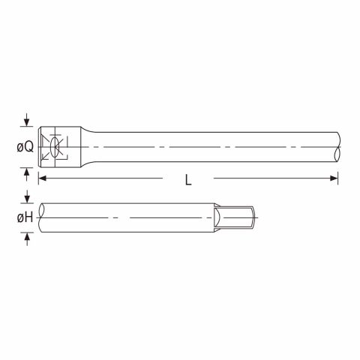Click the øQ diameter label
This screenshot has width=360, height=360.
[x=25, y=147]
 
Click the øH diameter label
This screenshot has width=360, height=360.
[x=25, y=217]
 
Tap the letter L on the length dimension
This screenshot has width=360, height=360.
[x=188, y=180]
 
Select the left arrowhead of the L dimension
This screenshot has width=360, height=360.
[x=43, y=178]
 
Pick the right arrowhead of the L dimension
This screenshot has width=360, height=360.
[x=334, y=178]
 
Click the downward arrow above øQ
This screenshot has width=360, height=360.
[x=27, y=120]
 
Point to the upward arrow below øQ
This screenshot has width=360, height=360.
[x=27, y=174]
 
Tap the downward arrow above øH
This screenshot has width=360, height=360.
[x=27, y=196]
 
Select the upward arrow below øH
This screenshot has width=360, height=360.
[x=27, y=239]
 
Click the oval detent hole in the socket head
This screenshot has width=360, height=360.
[x=55, y=147]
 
